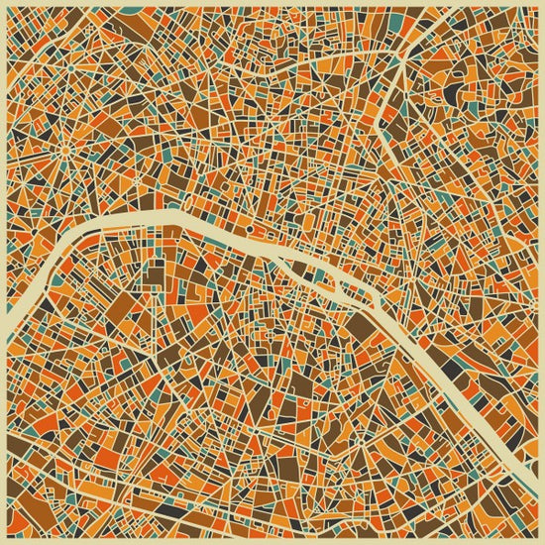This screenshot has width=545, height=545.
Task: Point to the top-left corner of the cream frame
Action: click(x=3, y=3)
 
